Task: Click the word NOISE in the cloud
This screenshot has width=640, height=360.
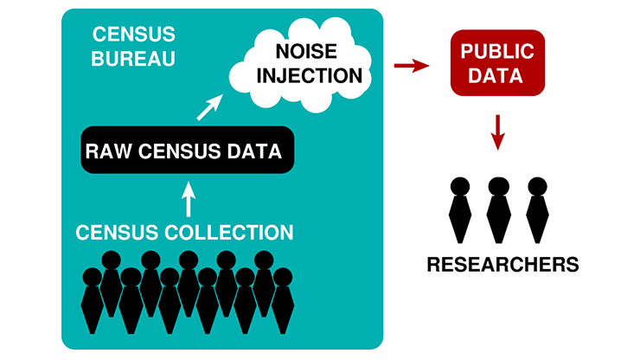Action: coord(306,51)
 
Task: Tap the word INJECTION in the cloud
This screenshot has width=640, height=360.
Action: coord(310,75)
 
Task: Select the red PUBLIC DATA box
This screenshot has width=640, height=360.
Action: coord(497,63)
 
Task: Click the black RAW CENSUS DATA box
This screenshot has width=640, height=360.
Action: coord(188,150)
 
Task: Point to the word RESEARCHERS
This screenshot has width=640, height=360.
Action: coord(502,265)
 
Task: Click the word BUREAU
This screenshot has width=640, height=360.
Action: coord(133,59)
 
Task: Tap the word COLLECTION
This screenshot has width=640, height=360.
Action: coord(229,233)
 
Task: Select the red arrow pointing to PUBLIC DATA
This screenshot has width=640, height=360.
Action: coord(412,66)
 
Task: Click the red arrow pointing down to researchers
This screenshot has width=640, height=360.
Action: coord(497,132)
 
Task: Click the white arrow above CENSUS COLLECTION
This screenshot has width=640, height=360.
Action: coord(189,199)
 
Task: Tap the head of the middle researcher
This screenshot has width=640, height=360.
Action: coord(499,187)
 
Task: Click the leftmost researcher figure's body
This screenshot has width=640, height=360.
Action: coord(460,219)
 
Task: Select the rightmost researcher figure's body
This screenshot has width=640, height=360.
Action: coord(537,219)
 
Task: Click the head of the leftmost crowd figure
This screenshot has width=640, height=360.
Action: coord(93,277)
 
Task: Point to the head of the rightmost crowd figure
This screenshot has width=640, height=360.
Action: coord(283,277)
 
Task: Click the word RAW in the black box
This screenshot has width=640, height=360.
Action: coord(109,151)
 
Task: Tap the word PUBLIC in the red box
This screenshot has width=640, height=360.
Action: coord(497,51)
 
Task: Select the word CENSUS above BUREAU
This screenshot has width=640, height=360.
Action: coord(134,35)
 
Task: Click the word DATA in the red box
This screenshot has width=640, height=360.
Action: coord(496,75)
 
